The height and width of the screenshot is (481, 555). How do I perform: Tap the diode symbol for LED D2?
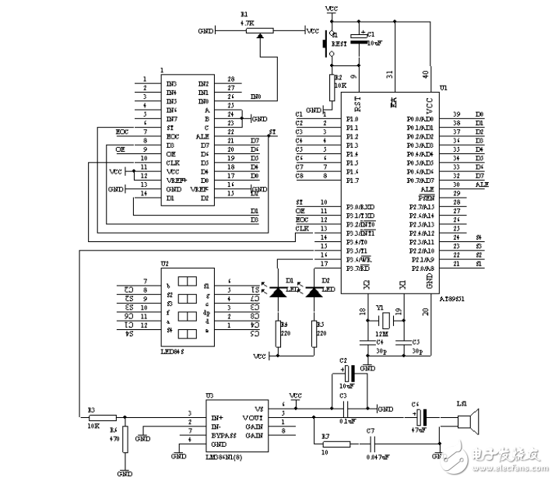(x=314, y=292)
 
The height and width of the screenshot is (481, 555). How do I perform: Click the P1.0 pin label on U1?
(x=353, y=118)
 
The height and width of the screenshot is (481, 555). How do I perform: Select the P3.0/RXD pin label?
(x=359, y=205)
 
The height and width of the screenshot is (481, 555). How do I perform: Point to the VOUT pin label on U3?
(x=265, y=417)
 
